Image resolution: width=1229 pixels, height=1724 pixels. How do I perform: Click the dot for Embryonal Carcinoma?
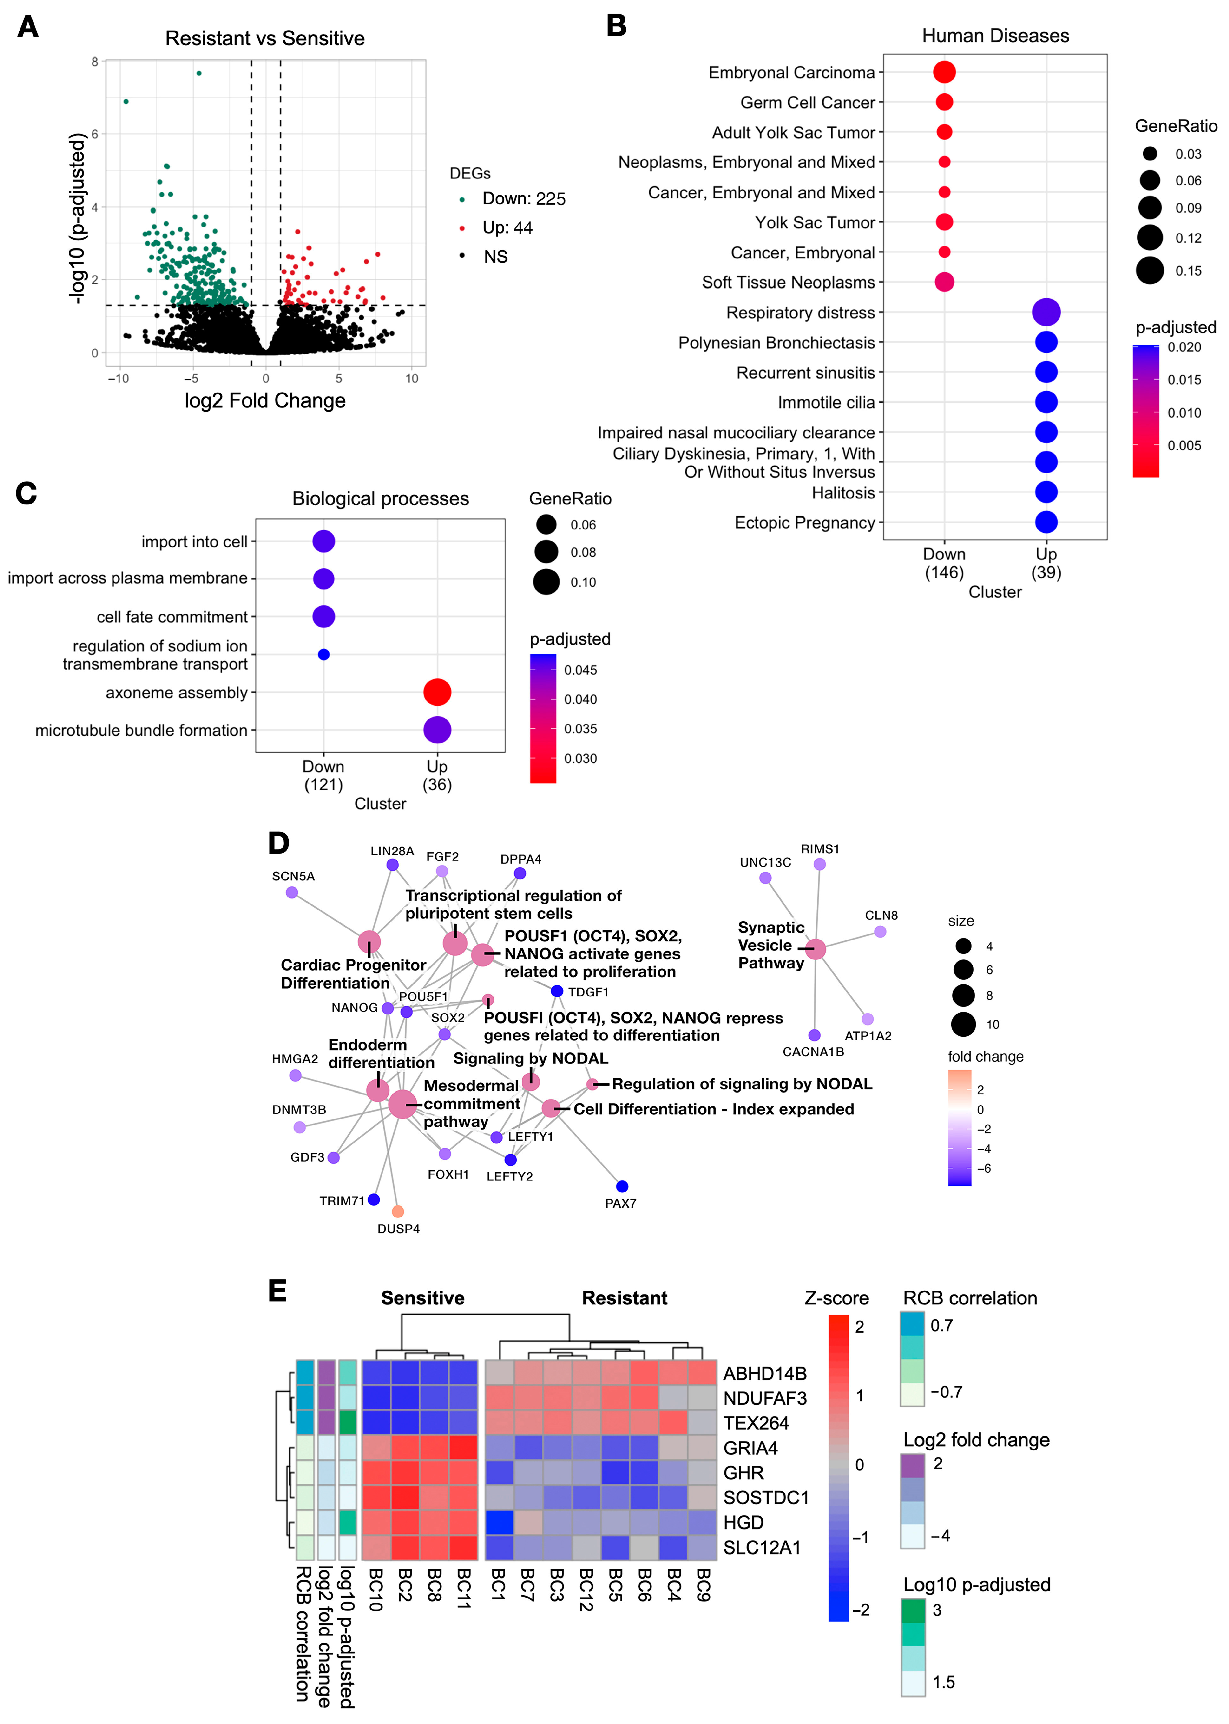(944, 72)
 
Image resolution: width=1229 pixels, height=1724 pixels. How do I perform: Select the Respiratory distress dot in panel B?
(1046, 312)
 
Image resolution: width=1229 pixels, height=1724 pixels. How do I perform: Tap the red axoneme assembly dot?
(437, 692)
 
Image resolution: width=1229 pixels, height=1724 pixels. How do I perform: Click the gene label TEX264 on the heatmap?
(756, 1423)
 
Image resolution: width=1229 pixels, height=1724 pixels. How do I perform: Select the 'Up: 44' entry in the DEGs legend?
(507, 228)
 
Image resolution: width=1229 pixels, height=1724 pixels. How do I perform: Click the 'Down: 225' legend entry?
(524, 198)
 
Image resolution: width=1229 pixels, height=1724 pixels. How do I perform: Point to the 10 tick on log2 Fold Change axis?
(412, 378)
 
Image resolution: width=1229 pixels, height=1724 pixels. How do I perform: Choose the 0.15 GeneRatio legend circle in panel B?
(1149, 270)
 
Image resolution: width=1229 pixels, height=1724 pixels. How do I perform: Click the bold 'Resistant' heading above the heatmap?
(624, 1298)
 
